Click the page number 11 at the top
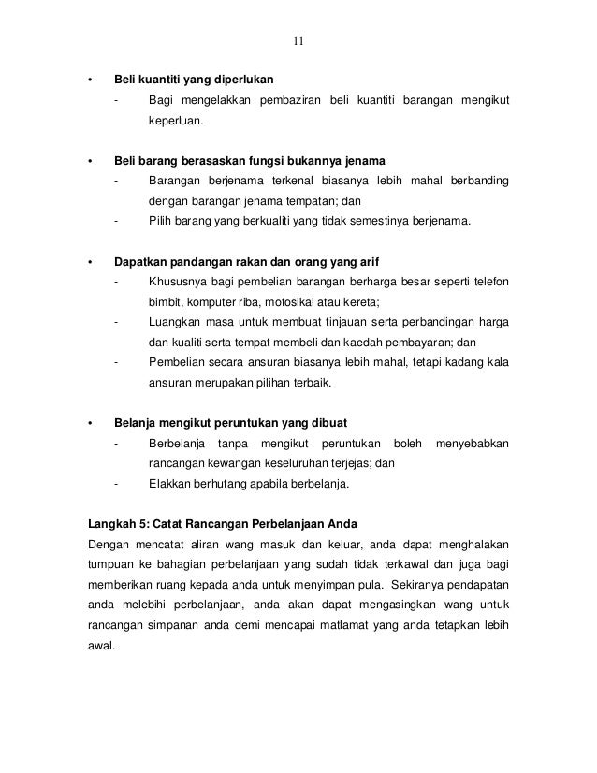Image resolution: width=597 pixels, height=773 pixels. [x=298, y=41]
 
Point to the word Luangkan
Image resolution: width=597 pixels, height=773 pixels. [x=175, y=323]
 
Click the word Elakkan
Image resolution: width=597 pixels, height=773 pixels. [x=170, y=485]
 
